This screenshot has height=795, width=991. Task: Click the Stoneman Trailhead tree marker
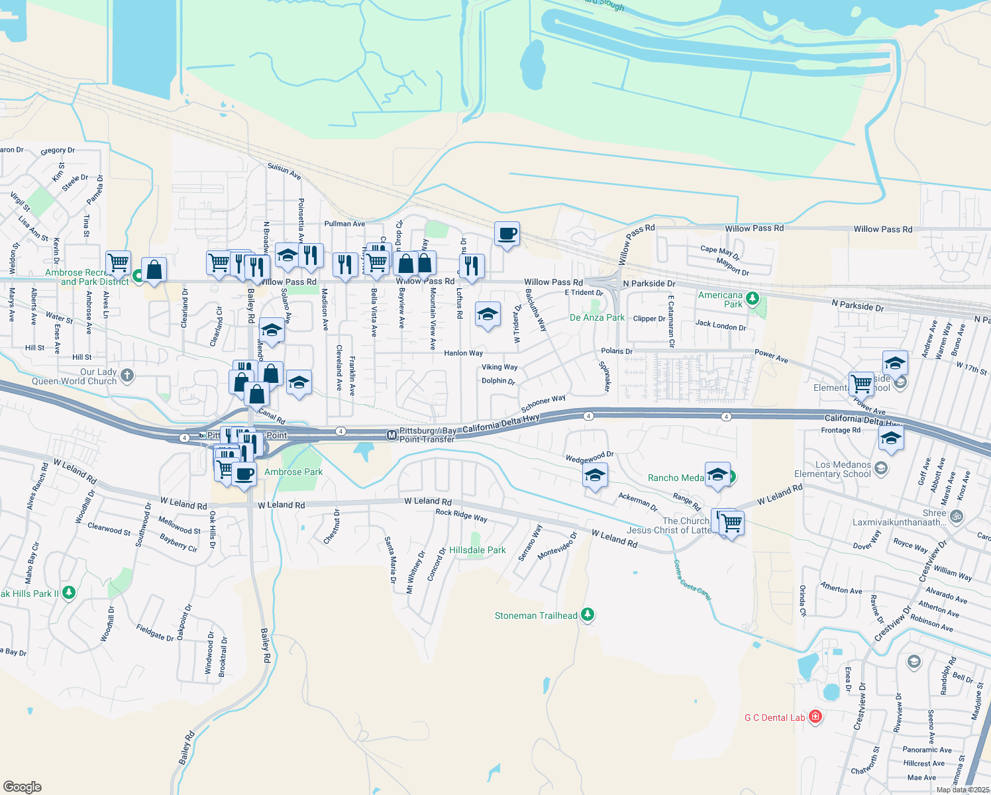(x=587, y=615)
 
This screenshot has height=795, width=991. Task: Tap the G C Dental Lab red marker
(x=815, y=717)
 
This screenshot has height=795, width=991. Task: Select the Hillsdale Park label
(x=477, y=551)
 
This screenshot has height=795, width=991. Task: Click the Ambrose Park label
(x=293, y=472)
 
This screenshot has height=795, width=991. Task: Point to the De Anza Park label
(x=597, y=318)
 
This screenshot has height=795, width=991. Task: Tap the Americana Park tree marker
(x=752, y=298)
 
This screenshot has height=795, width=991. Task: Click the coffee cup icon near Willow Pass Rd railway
(x=507, y=234)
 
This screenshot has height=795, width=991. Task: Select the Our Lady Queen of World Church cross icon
(x=127, y=376)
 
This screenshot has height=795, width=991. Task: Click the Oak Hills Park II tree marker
(x=68, y=593)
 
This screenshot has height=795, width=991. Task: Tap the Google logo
(x=23, y=787)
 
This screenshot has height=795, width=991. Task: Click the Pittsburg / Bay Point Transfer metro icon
(x=391, y=435)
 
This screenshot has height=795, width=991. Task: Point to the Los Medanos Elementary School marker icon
(x=880, y=469)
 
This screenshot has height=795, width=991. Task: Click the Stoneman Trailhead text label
(x=536, y=616)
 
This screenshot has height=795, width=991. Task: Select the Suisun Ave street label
(x=284, y=172)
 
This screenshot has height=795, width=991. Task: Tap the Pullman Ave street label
(x=344, y=224)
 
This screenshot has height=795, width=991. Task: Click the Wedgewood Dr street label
(x=589, y=457)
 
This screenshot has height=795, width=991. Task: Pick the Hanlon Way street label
(x=463, y=353)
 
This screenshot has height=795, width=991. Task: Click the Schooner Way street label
(x=543, y=403)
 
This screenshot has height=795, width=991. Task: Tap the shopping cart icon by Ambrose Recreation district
(x=118, y=262)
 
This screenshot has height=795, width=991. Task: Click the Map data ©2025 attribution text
(x=963, y=790)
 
